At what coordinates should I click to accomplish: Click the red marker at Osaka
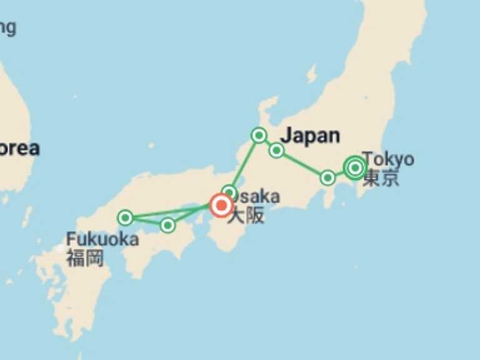pyautogui.click(x=221, y=205)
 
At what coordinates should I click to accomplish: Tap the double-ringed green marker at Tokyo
pyautogui.click(x=355, y=167)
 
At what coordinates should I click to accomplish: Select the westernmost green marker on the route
pyautogui.click(x=126, y=217)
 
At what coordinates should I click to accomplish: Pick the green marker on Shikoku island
pyautogui.click(x=167, y=225)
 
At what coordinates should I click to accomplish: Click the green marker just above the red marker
pyautogui.click(x=229, y=192)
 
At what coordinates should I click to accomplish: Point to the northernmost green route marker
pyautogui.click(x=259, y=135)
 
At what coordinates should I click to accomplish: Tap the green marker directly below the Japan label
pyautogui.click(x=276, y=150)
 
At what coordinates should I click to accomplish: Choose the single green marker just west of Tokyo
pyautogui.click(x=327, y=178)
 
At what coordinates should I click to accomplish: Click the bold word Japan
pyautogui.click(x=311, y=135)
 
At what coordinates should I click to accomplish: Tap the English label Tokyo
pyautogui.click(x=388, y=159)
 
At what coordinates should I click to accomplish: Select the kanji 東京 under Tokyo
pyautogui.click(x=381, y=178)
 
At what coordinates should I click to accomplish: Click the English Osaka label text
pyautogui.click(x=258, y=197)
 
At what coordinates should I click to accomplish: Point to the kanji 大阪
pyautogui.click(x=246, y=216)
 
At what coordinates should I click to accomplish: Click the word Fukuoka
pyautogui.click(x=102, y=239)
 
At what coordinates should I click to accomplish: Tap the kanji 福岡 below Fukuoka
pyautogui.click(x=85, y=257)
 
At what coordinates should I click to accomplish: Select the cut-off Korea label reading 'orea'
pyautogui.click(x=19, y=149)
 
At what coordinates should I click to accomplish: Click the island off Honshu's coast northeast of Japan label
pyautogui.click(x=311, y=74)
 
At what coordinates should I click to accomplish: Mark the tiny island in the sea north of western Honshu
pyautogui.click(x=151, y=145)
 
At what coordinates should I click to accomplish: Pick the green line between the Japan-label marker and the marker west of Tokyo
pyautogui.click(x=302, y=164)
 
